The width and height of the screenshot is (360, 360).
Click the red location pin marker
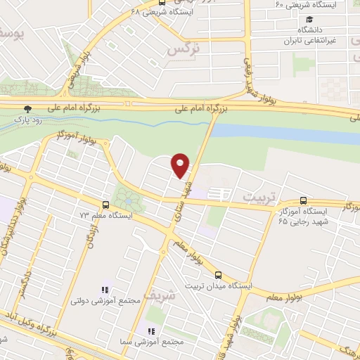click(181, 165)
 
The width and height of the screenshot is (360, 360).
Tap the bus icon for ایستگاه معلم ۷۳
click(105, 205)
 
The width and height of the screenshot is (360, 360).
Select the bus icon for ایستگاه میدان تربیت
click(218, 276)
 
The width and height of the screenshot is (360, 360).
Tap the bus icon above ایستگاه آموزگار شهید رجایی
click(303, 200)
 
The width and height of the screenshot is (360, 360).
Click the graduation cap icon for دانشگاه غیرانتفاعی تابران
click(309, 19)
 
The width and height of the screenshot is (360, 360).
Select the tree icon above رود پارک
click(27, 109)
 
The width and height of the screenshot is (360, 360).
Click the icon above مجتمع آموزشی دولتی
click(105, 290)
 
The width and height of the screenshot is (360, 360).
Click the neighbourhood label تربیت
click(256, 193)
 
